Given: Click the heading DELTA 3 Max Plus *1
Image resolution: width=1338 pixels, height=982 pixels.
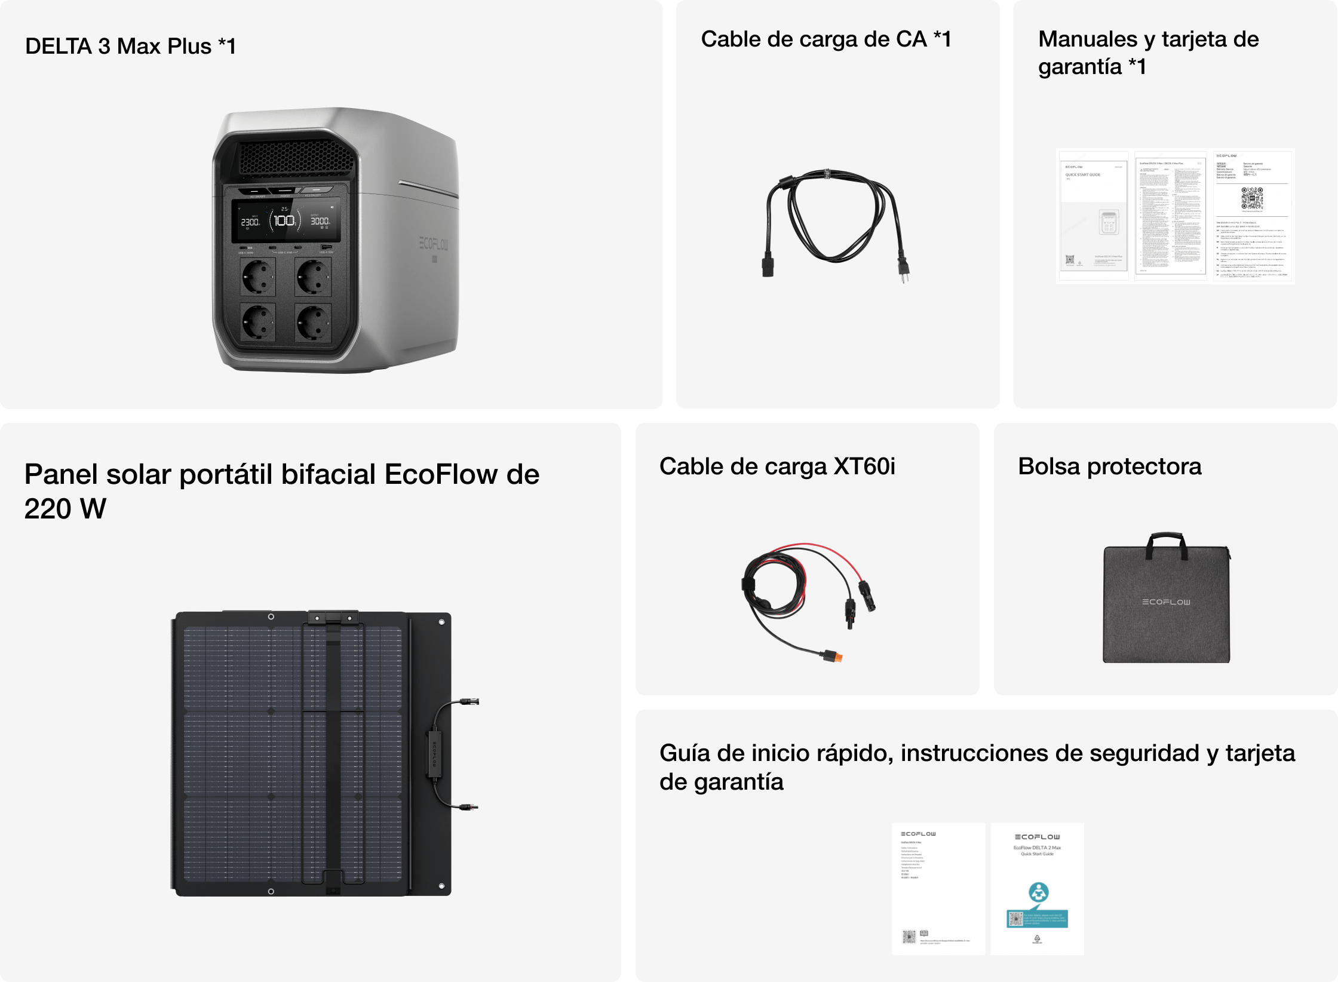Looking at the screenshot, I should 130,46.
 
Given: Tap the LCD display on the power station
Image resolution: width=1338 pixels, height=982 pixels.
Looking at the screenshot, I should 286,221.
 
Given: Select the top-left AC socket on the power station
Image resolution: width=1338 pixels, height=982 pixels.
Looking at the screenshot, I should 257,277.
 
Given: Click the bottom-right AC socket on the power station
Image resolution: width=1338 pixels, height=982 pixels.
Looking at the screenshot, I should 313,323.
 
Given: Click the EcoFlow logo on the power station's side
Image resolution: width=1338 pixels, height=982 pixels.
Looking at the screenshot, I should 434,244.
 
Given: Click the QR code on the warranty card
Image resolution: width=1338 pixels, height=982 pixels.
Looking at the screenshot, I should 1252,198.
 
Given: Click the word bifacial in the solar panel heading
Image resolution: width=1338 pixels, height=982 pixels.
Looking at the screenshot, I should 328,475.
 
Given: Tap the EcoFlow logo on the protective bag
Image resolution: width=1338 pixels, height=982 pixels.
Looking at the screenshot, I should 1166,602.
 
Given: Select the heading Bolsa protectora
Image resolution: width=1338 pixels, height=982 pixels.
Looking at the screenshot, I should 1109,467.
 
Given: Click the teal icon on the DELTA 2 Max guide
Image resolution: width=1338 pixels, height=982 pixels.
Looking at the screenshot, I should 1038,892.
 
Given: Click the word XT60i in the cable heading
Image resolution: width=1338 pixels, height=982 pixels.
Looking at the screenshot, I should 864,467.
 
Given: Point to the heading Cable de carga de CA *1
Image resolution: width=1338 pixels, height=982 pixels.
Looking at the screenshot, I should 825,39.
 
